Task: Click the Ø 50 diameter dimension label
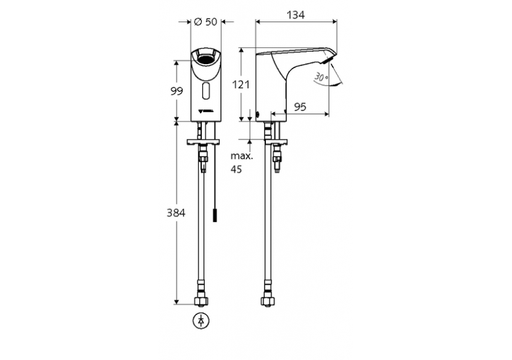pos(205,22)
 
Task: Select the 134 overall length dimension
pos(296,14)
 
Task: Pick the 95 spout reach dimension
pos(300,107)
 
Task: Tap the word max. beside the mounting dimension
pos(242,157)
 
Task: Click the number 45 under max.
pos(236,169)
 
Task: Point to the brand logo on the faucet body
pos(205,112)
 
